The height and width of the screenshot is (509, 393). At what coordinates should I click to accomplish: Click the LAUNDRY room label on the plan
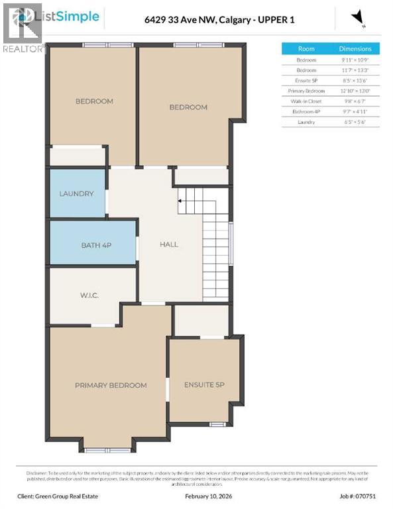point(76,194)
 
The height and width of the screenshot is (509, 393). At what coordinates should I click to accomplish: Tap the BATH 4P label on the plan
point(96,245)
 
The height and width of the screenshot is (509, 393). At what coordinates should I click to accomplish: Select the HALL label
point(169,244)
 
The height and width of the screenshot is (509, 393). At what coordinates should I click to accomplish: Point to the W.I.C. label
point(89,295)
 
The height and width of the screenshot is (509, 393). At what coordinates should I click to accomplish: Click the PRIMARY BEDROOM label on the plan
point(111,385)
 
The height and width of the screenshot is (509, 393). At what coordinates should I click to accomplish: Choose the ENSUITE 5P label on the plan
point(204,385)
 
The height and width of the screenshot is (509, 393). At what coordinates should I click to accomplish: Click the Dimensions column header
point(355,49)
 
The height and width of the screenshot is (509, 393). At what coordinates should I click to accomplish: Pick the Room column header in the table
point(306,49)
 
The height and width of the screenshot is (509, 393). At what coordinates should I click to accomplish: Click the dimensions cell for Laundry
point(355,122)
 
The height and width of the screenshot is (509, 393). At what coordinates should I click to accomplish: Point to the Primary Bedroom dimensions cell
point(355,90)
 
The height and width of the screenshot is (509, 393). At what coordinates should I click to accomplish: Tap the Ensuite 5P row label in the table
point(306,80)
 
